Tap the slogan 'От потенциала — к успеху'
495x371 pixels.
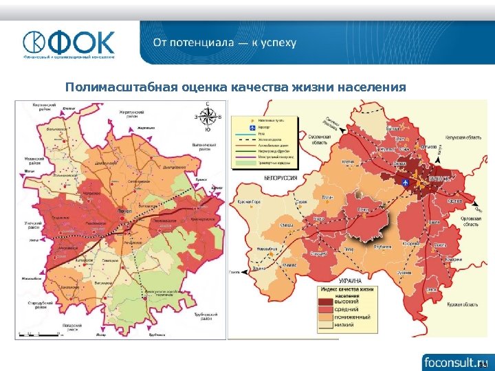point(225,43)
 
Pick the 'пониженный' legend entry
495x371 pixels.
point(352,318)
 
